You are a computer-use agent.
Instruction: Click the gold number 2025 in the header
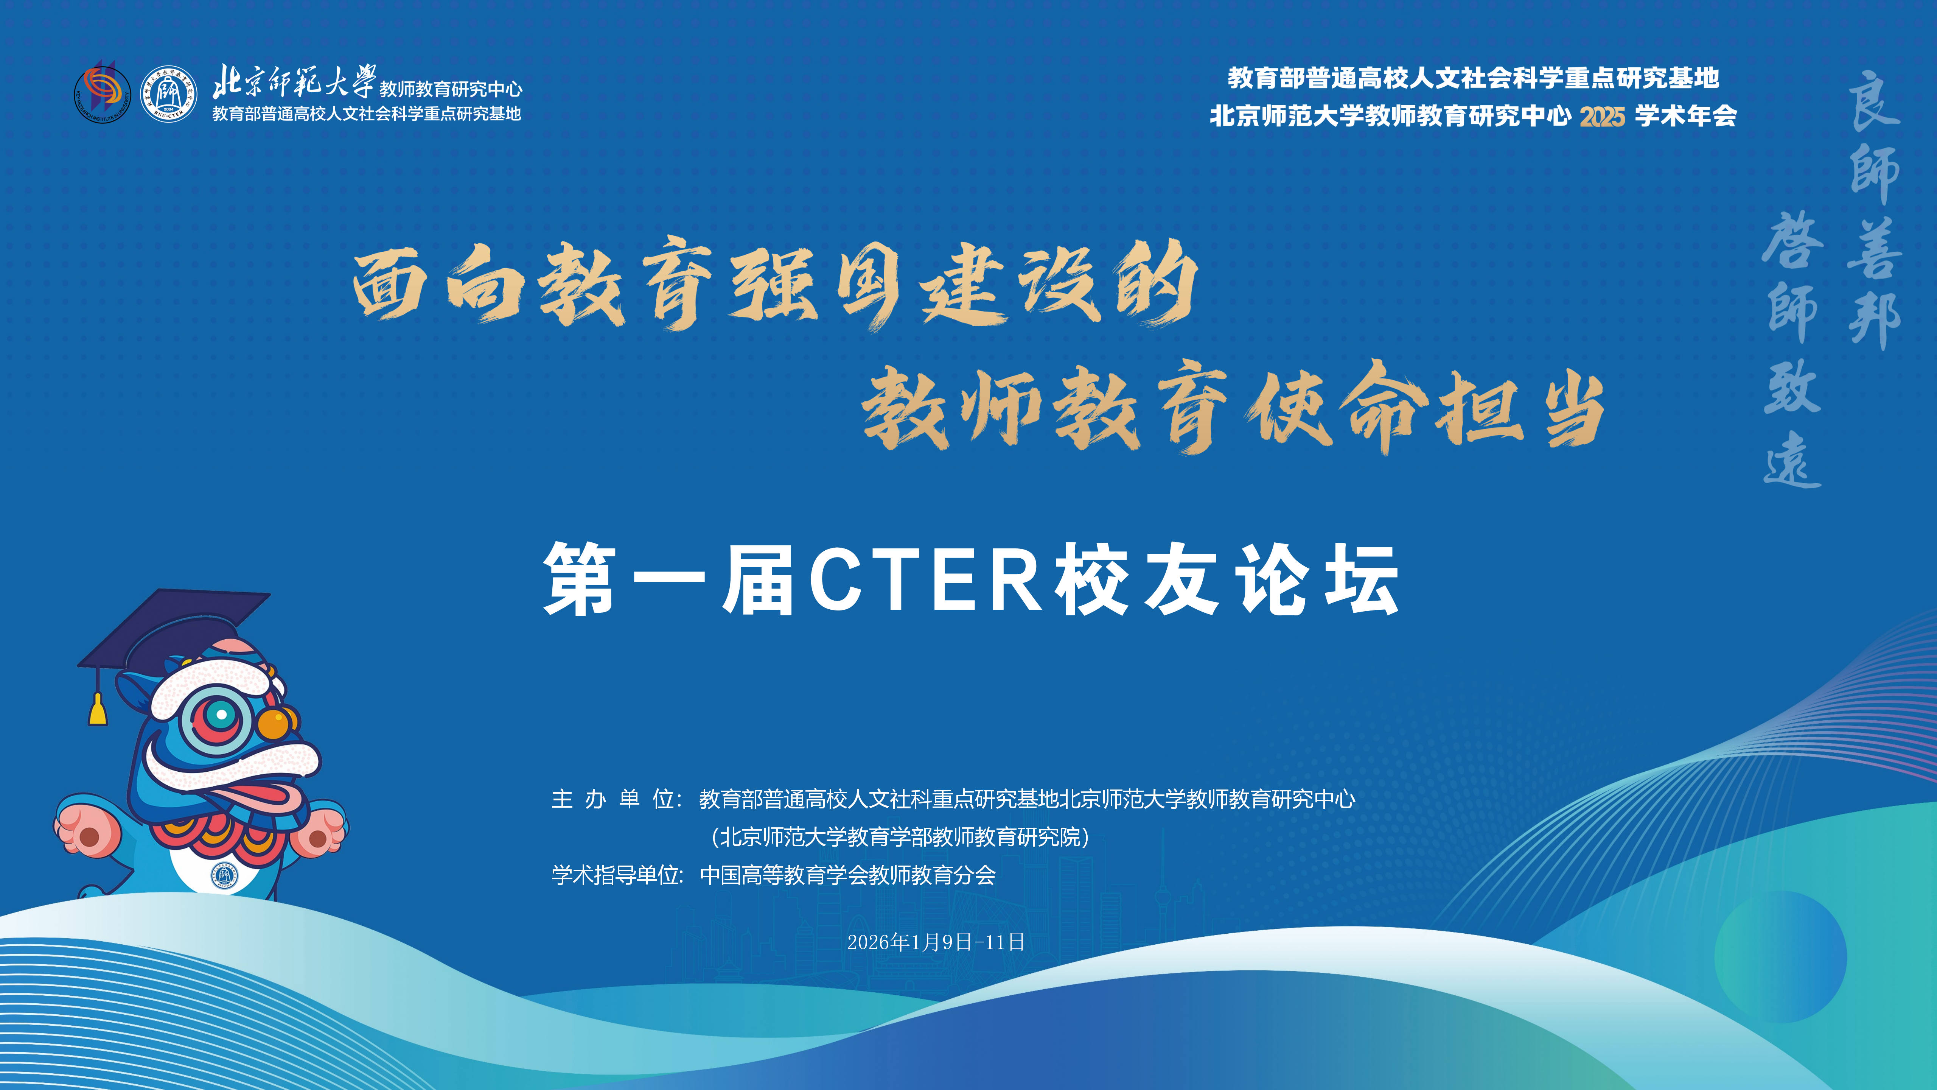click(1603, 117)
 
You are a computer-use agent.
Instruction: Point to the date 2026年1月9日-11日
click(936, 942)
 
